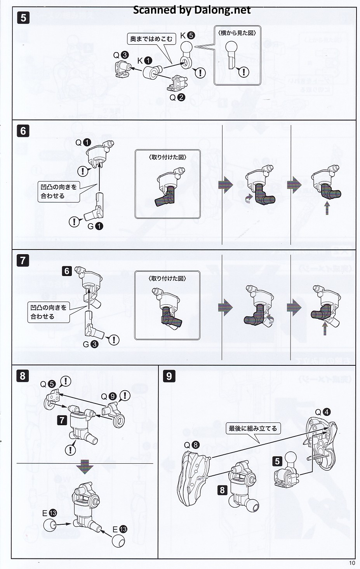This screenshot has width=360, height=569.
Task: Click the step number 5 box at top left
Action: coord(23,18)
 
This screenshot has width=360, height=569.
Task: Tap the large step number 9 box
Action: coord(169,376)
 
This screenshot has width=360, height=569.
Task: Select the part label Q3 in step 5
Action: coord(120,55)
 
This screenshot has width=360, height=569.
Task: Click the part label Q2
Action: coord(177,97)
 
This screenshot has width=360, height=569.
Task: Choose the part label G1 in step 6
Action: coord(95,226)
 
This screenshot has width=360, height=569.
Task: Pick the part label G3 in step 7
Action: coord(90,344)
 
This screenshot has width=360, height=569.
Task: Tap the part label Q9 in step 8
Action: coord(108,396)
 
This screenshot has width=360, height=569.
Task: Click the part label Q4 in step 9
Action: coord(323,412)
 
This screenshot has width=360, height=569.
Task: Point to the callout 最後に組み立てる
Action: coord(253,428)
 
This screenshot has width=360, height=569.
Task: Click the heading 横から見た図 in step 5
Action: coord(237,33)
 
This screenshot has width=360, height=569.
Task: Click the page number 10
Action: coord(352,563)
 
